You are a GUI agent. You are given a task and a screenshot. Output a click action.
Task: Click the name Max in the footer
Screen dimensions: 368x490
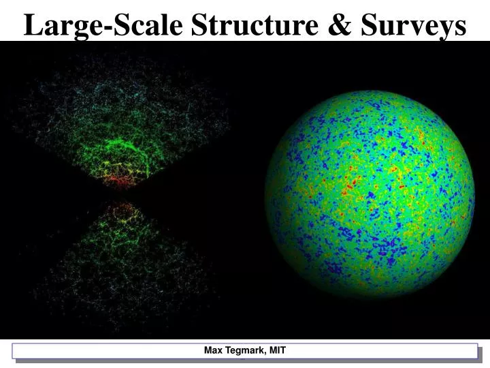(x=213, y=351)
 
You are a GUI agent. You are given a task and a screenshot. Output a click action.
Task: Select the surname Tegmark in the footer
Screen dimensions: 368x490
(x=244, y=351)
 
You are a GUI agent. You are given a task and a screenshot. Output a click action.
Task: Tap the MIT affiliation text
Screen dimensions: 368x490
(x=277, y=351)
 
